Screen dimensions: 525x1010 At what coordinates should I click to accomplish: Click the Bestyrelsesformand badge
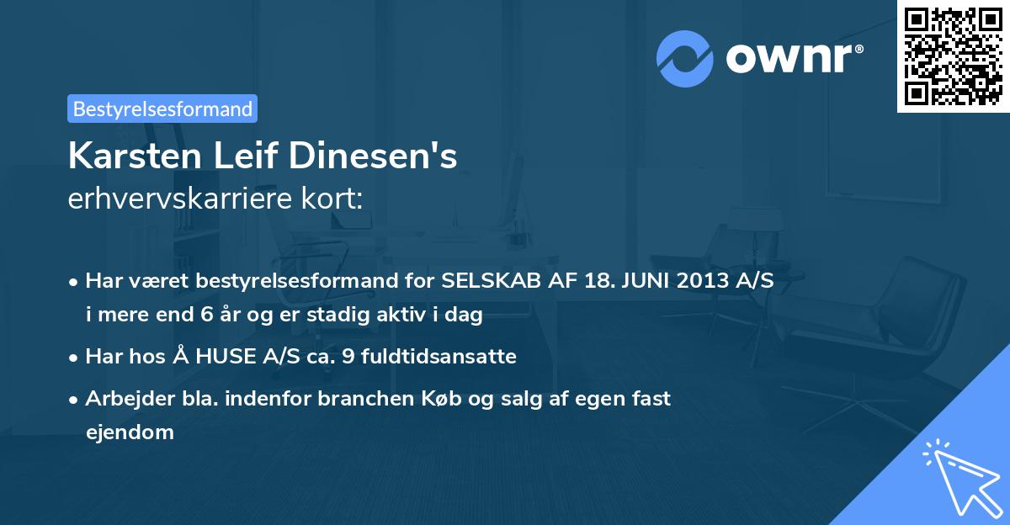click(162, 109)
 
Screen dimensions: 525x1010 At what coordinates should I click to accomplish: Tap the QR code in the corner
click(953, 56)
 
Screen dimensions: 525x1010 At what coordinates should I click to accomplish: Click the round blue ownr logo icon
click(685, 59)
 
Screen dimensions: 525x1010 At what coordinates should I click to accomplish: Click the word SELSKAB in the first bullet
click(486, 281)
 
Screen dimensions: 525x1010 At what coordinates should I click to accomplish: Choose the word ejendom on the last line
click(130, 432)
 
